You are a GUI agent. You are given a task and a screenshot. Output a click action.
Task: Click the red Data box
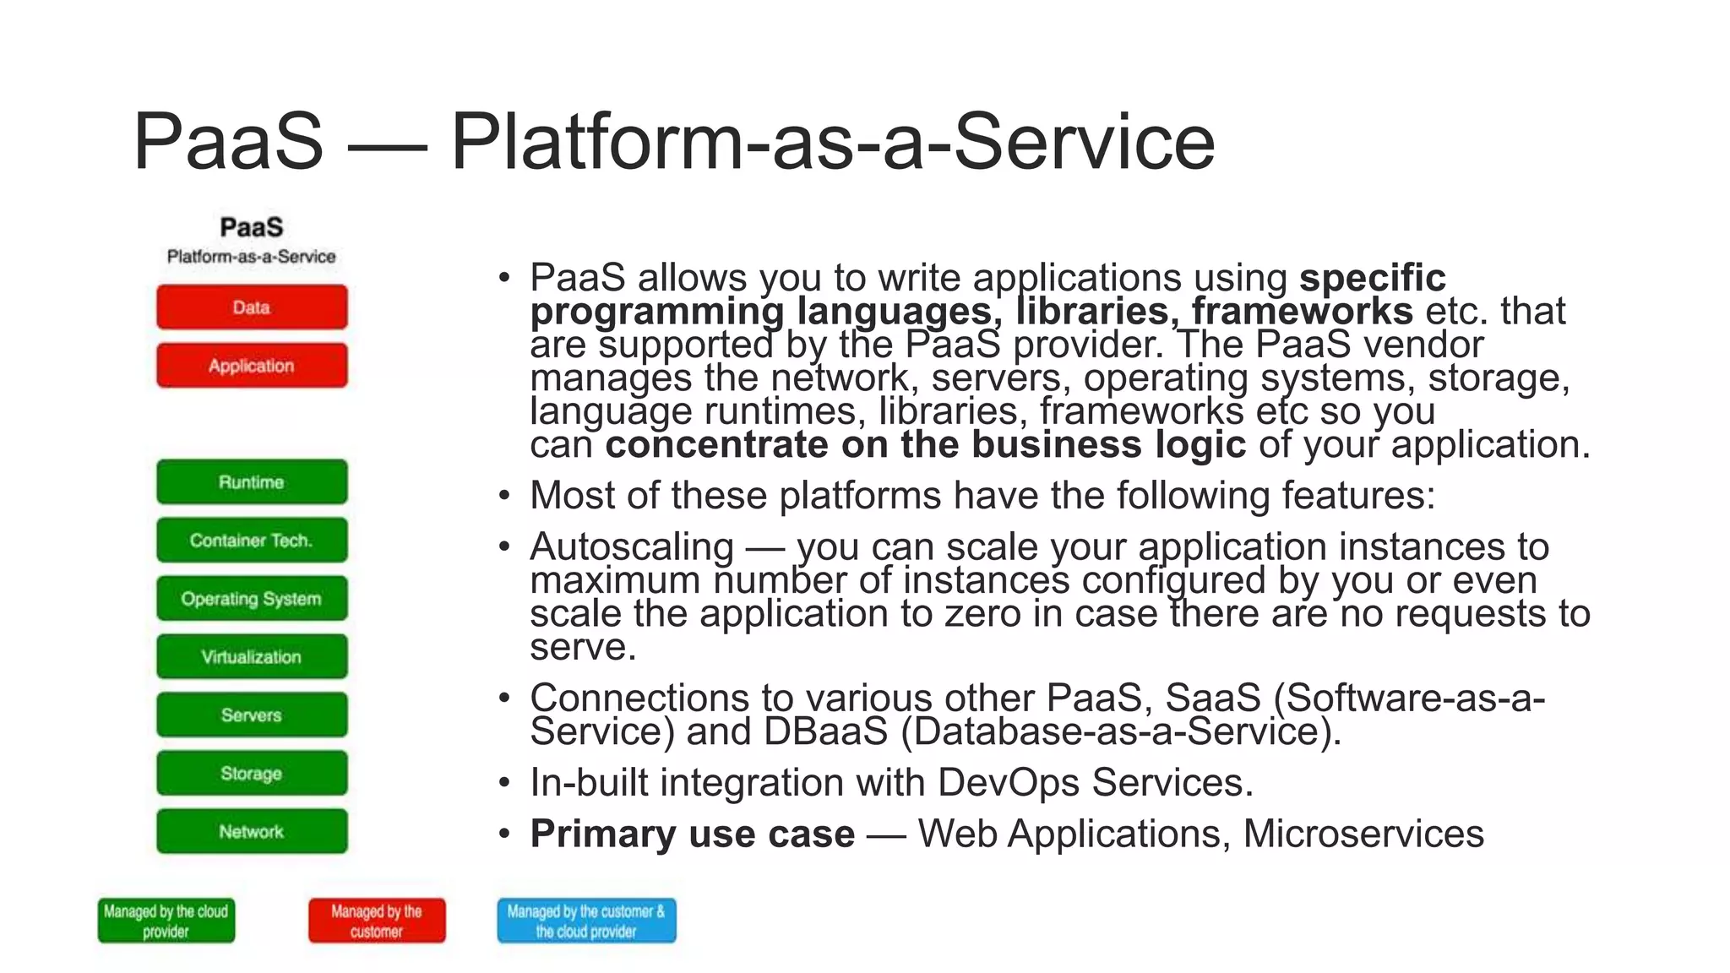click(252, 307)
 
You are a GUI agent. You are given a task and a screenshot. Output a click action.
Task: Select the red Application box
click(252, 366)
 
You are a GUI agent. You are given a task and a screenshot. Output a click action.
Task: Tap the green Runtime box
click(252, 482)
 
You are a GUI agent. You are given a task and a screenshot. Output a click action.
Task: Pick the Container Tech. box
click(252, 541)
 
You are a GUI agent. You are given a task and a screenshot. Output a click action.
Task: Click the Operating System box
click(252, 599)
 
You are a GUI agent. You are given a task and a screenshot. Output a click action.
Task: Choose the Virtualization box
click(252, 657)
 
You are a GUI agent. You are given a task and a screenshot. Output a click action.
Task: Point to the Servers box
click(252, 715)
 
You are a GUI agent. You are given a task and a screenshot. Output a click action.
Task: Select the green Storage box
click(252, 774)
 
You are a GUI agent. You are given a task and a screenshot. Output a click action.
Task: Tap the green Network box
click(252, 832)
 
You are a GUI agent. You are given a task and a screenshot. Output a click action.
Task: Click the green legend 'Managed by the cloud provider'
click(166, 921)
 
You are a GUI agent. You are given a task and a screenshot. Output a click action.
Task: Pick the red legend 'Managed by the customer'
click(377, 921)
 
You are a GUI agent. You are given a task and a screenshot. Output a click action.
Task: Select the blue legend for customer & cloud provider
click(586, 921)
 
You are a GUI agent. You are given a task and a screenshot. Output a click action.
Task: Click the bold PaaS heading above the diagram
click(252, 227)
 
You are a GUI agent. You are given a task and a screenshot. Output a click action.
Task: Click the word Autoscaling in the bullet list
click(632, 547)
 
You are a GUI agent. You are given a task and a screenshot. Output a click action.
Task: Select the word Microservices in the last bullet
click(1363, 834)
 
